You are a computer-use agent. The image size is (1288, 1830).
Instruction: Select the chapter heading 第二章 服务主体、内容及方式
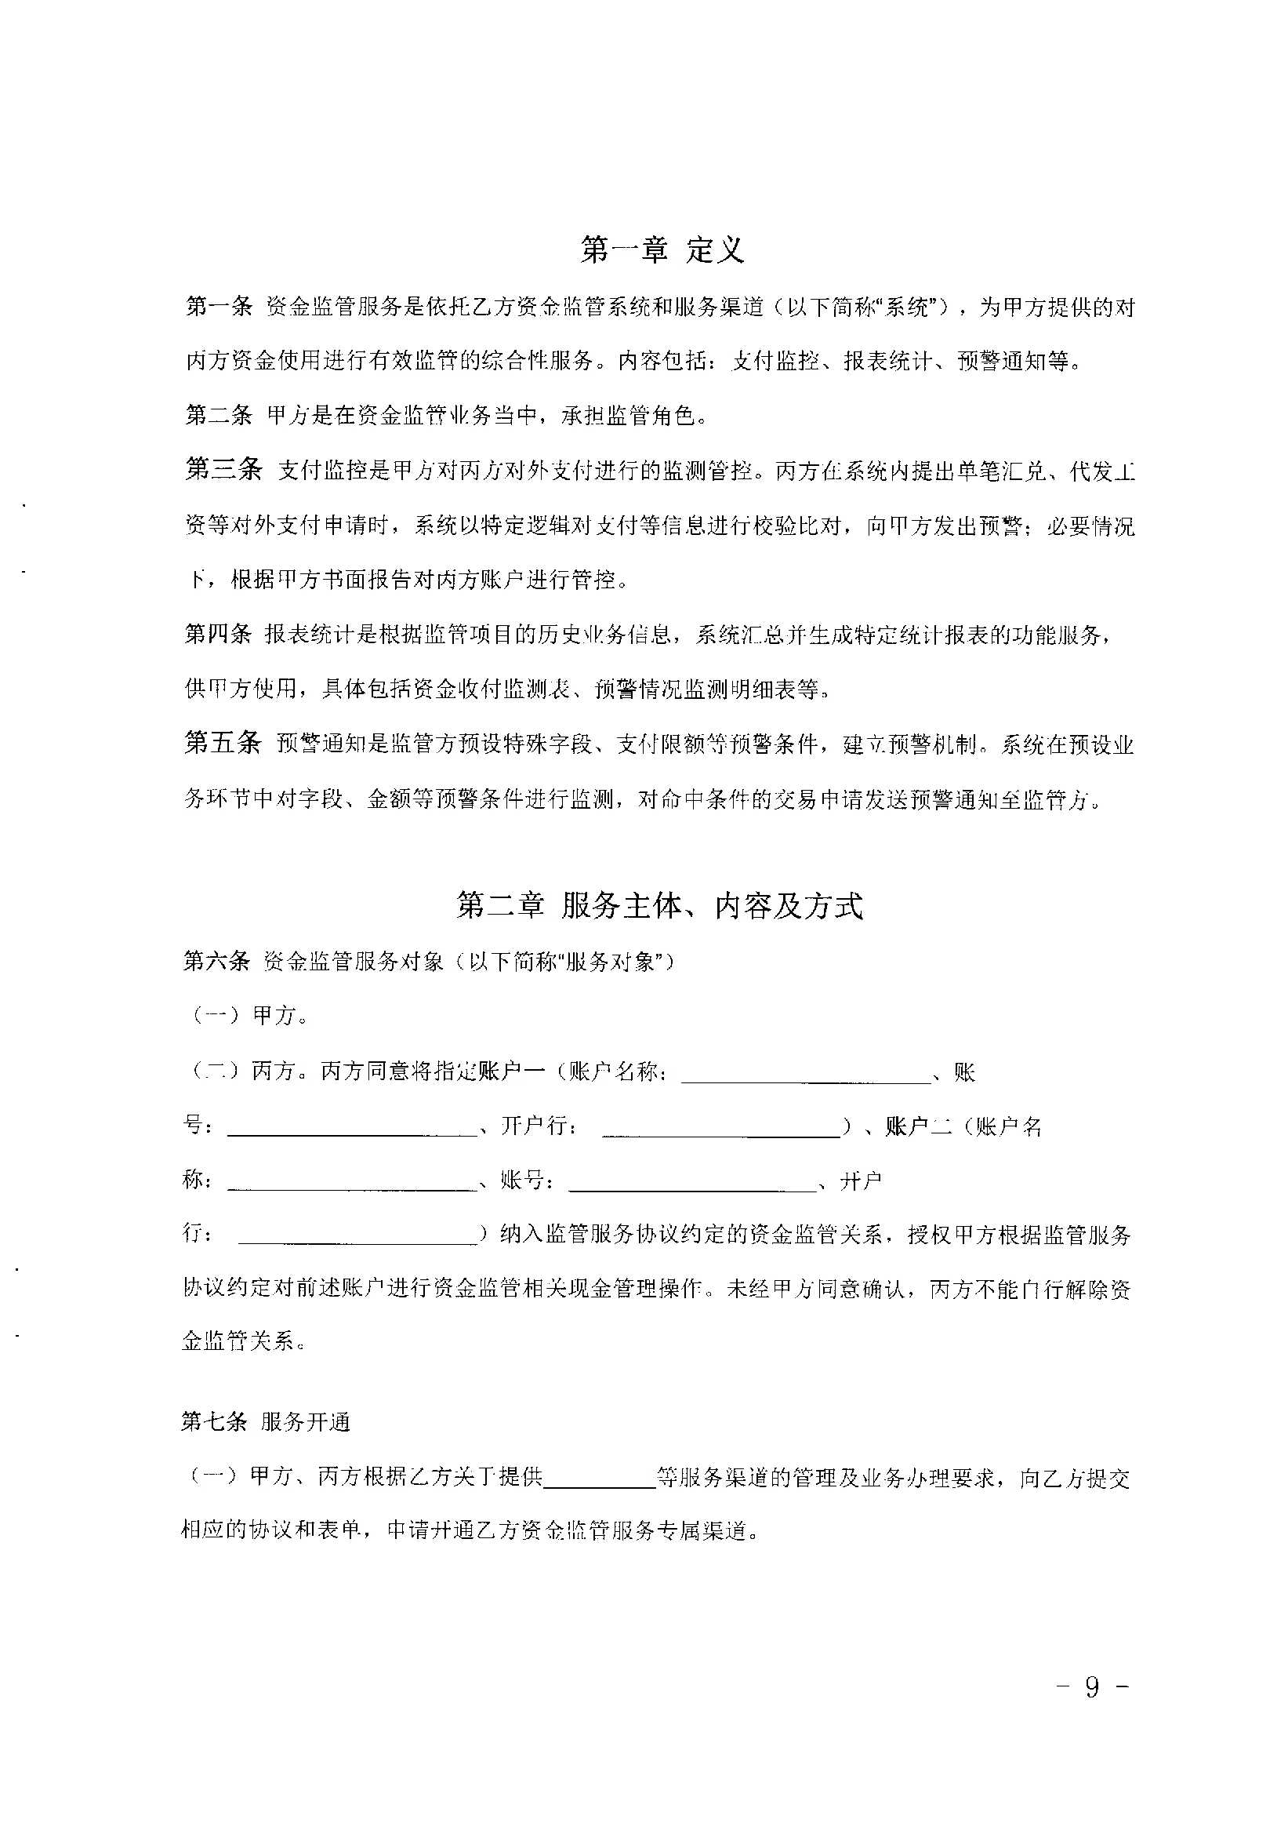pyautogui.click(x=659, y=905)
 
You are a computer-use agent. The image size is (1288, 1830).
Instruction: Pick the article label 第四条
pyautogui.click(x=217, y=635)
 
